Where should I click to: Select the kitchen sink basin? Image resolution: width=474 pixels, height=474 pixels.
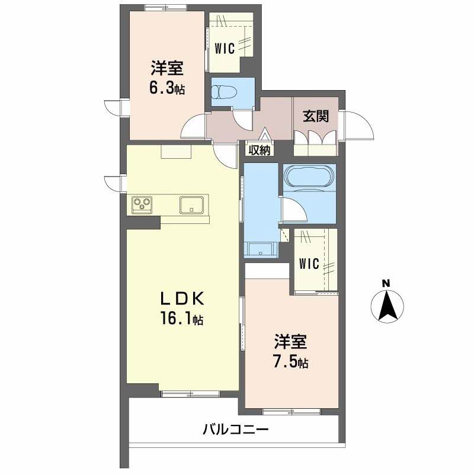(x=191, y=204)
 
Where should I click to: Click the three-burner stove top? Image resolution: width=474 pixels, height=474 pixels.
(x=142, y=204)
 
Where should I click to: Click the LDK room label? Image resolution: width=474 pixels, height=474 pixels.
(x=182, y=299)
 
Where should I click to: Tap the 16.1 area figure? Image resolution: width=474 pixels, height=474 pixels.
(x=182, y=319)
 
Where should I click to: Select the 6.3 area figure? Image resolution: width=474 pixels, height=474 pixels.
(x=167, y=88)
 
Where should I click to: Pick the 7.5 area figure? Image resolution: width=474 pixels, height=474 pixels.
(x=290, y=362)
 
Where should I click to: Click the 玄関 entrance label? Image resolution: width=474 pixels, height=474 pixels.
(x=316, y=116)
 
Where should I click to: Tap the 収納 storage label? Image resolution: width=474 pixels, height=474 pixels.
(x=260, y=150)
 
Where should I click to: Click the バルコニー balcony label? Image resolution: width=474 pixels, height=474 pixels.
(x=235, y=429)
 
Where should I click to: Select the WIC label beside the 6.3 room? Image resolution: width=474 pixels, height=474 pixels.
(x=225, y=49)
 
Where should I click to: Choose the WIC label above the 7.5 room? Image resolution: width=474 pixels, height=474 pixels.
(x=309, y=264)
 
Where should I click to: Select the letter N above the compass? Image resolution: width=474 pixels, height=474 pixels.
(x=386, y=284)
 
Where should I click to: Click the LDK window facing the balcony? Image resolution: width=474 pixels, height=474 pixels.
(x=190, y=393)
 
